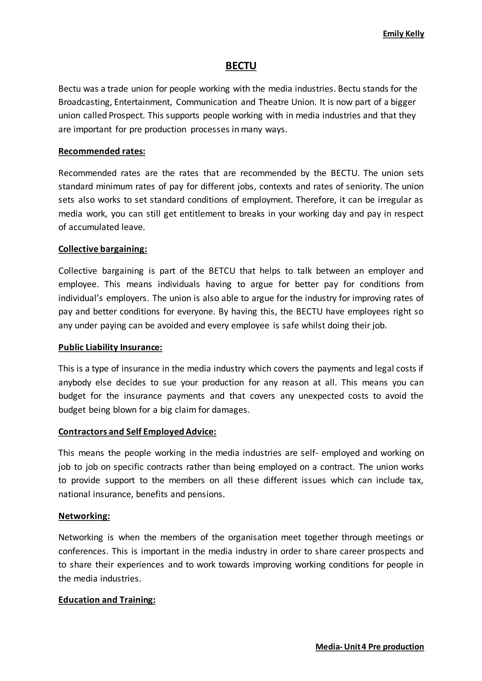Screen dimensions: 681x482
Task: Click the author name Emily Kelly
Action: pyautogui.click(x=403, y=34)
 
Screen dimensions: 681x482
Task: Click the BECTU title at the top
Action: pyautogui.click(x=241, y=66)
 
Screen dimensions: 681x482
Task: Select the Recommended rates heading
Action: pyautogui.click(x=101, y=151)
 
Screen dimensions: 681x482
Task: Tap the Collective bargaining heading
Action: pyautogui.click(x=102, y=249)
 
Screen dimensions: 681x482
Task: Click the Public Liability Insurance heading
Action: pyautogui.click(x=110, y=347)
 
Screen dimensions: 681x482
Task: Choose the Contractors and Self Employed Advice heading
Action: pyautogui.click(x=137, y=432)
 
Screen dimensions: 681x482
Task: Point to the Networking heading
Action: pyautogui.click(x=84, y=516)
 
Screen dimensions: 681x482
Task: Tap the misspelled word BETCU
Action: pyautogui.click(x=222, y=271)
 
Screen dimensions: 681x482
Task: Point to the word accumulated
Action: pyautogui.click(x=94, y=227)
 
